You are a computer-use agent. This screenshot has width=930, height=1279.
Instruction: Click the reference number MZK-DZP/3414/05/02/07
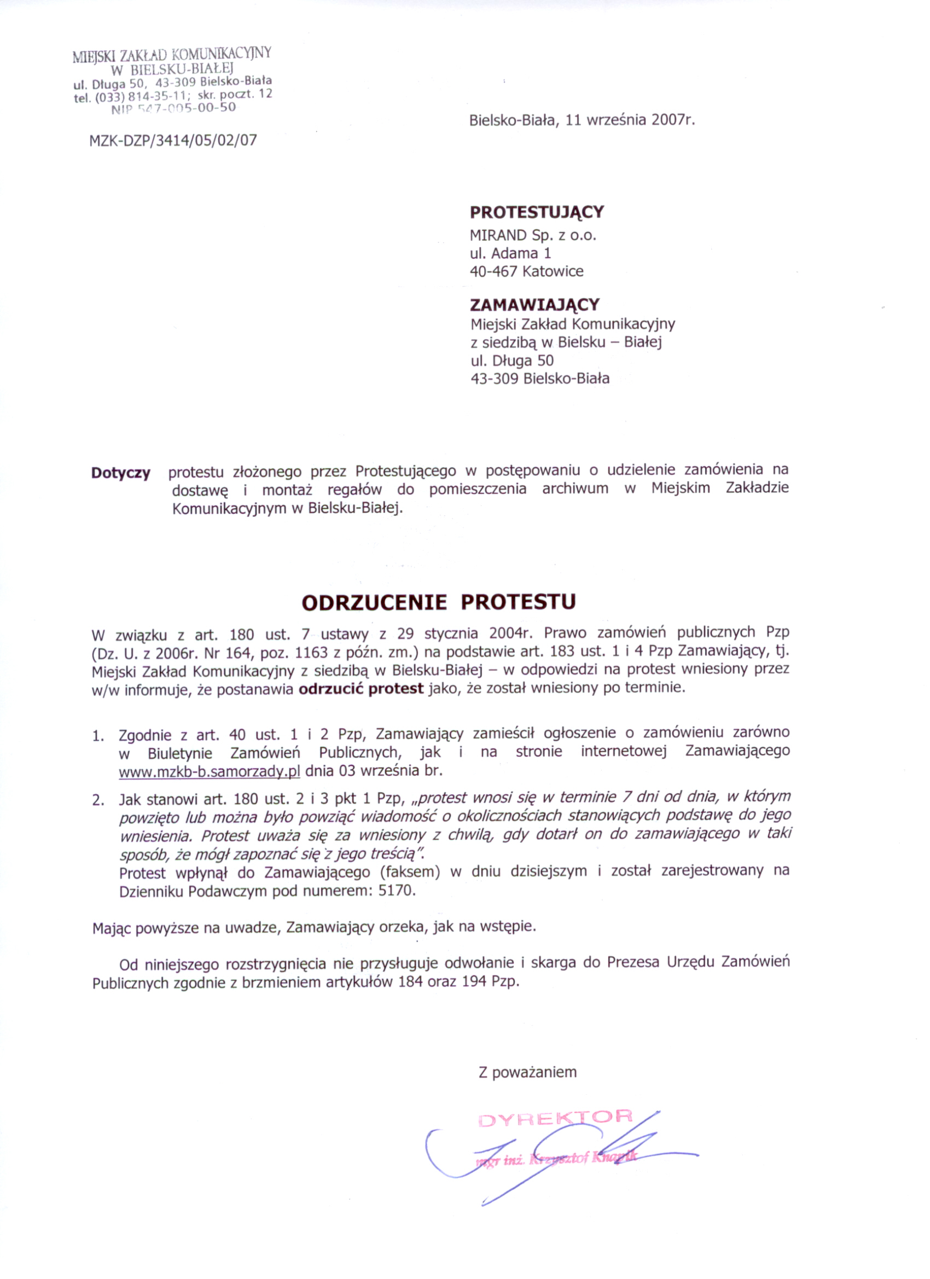pos(173,141)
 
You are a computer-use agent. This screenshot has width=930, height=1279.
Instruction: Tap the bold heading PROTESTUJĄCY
pos(537,212)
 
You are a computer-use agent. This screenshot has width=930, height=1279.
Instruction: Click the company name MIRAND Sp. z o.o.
pos(533,235)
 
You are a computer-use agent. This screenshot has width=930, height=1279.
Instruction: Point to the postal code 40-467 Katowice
pos(527,271)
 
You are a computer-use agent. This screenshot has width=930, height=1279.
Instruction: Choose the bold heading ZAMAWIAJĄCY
pos(534,305)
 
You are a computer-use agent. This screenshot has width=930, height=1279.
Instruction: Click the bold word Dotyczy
pos(121,473)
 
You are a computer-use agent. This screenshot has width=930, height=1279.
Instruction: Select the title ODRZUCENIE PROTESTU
pos(439,602)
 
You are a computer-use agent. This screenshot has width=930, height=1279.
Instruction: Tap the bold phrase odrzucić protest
pos(361,689)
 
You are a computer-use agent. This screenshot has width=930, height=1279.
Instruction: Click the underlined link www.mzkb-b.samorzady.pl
pos(209,771)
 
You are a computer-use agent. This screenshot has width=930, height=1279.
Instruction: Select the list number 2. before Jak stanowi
pos(98,800)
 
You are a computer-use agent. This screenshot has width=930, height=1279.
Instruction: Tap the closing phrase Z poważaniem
pos(527,1072)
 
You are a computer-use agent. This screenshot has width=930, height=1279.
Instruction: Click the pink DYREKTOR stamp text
pos(555,1117)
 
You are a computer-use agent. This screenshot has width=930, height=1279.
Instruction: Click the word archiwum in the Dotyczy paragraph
pos(576,489)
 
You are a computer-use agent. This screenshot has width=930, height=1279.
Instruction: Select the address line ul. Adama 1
pos(510,253)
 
